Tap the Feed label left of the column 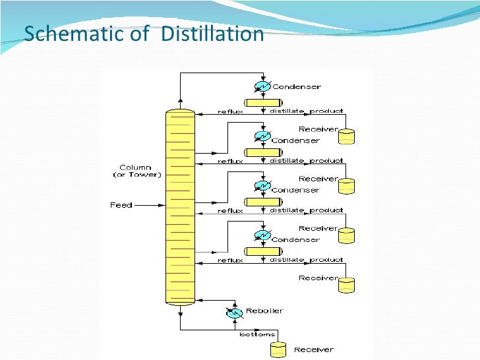[121, 205]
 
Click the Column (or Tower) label [135, 171]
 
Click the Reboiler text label [264, 311]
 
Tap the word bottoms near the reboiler [257, 334]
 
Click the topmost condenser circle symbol [262, 86]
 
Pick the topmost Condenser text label [297, 86]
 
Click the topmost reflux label [230, 111]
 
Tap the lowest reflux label [230, 260]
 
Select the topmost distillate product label [306, 111]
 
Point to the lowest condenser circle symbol [262, 235]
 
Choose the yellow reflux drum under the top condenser [262, 102]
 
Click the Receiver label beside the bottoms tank [313, 349]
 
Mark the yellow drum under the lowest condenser [262, 251]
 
